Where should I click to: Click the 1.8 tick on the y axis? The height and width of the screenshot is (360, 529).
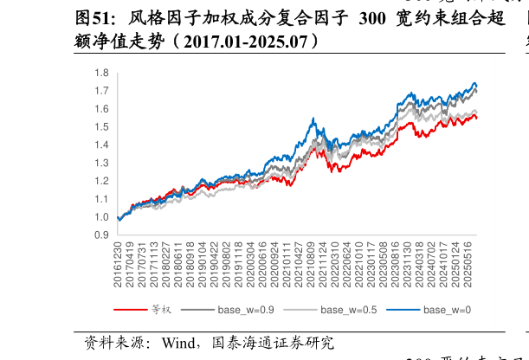pos(102,73)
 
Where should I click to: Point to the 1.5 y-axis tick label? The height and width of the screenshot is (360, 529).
pos(102,127)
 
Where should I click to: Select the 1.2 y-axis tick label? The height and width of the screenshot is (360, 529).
pos(102,181)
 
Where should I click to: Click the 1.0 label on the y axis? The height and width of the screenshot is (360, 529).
pos(102,217)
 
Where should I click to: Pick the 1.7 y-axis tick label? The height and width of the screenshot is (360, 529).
pos(102,91)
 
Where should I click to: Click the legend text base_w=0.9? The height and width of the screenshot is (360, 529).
pos(246,310)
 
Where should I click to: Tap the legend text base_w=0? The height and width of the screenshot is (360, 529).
pos(447,310)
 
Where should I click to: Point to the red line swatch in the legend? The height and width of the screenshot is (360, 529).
pos(130,310)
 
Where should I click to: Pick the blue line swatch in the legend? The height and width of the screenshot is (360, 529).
pos(403,310)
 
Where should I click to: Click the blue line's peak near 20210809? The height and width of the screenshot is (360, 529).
pos(313,119)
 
